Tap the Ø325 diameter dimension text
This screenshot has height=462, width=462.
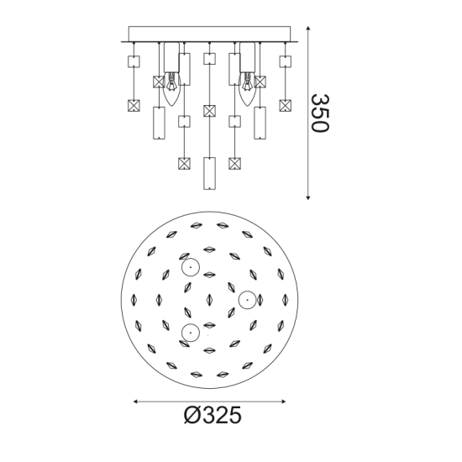213,415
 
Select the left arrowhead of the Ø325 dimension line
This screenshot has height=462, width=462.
136,402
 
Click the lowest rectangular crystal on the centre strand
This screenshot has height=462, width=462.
209,173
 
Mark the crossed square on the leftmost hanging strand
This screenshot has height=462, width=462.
133,106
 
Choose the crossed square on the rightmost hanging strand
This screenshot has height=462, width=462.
286,106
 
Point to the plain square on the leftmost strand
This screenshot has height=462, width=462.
133,61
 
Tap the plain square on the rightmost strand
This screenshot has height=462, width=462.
286,61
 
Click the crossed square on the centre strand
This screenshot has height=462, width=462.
209,110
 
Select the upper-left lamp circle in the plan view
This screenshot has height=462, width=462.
191,269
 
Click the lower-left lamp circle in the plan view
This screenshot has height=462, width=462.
191,332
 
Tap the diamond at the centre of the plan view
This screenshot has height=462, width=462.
210,300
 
